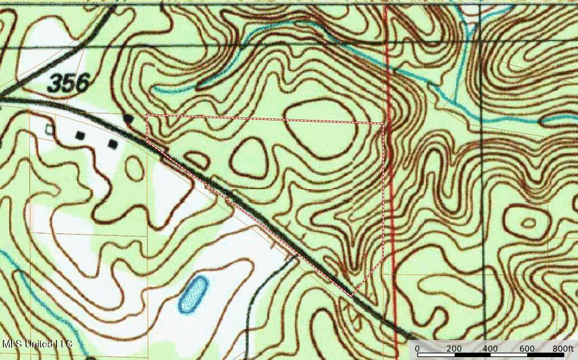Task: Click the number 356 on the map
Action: (x=69, y=84)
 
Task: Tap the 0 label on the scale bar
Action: (x=417, y=349)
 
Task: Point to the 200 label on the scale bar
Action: (x=454, y=349)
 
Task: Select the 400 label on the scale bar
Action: (x=490, y=349)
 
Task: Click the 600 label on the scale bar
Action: (x=527, y=349)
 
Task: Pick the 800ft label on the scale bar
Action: (x=563, y=349)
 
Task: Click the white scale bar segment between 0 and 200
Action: (x=436, y=355)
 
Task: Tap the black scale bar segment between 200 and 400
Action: (x=472, y=355)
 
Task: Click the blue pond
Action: (x=194, y=294)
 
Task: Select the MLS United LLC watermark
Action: (x=37, y=344)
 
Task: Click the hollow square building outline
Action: (x=50, y=130)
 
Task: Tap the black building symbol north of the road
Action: (x=129, y=118)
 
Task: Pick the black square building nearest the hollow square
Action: (x=81, y=135)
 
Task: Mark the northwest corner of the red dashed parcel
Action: (x=147, y=115)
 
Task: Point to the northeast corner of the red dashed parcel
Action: (x=383, y=123)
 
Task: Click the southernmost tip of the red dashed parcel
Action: (x=352, y=295)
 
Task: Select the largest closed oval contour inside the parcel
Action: (x=322, y=129)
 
